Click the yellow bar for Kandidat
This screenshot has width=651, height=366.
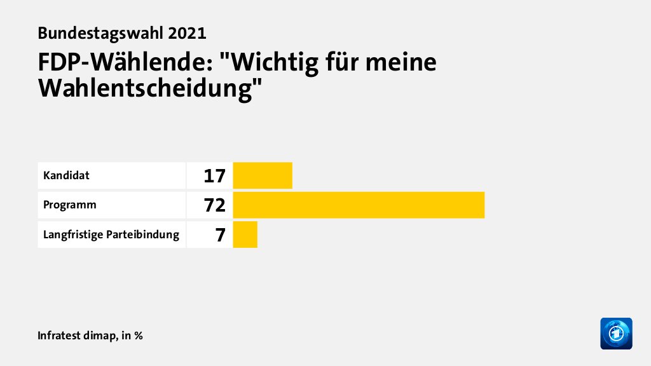(x=263, y=175)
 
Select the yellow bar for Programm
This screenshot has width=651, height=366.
(x=359, y=205)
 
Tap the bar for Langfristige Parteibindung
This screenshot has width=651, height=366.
(x=245, y=235)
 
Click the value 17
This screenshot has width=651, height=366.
(x=215, y=176)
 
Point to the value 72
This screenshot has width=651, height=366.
(x=215, y=205)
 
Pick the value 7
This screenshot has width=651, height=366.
(x=220, y=235)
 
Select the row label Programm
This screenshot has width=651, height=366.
(x=70, y=205)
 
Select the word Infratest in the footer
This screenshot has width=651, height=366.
(x=62, y=335)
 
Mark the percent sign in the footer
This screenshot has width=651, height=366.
(x=139, y=335)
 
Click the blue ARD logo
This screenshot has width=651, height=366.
(x=616, y=333)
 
